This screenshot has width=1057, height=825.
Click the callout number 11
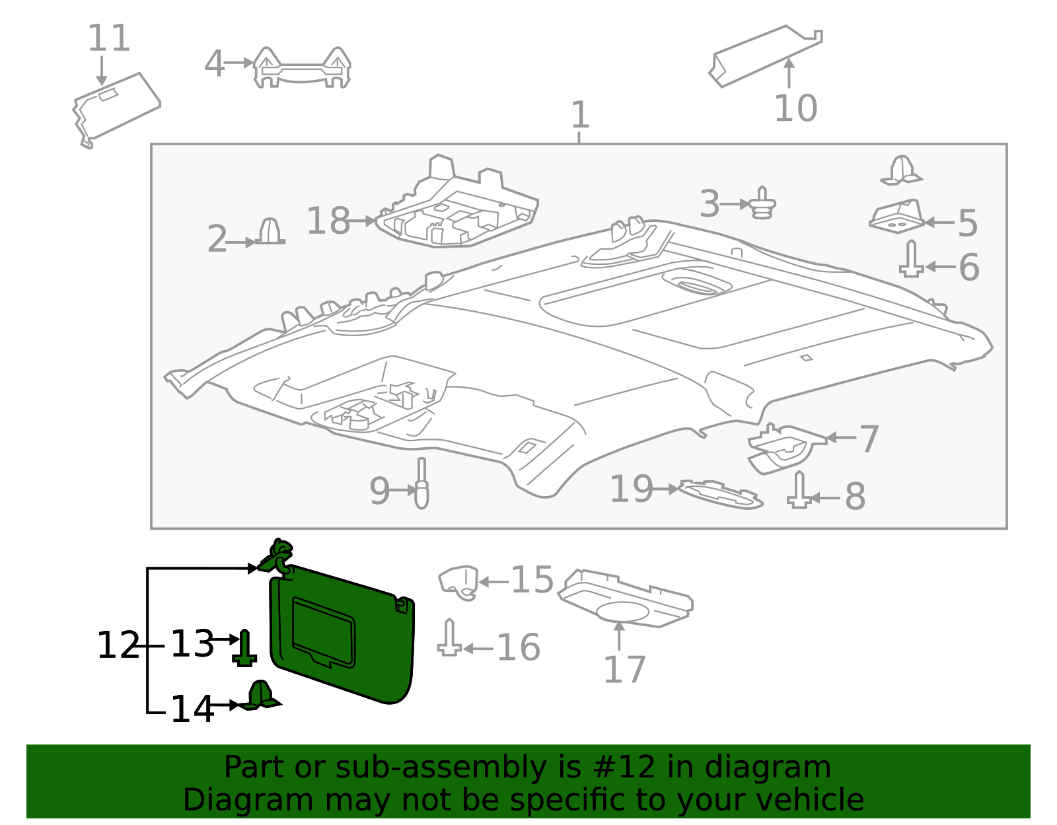point(109,38)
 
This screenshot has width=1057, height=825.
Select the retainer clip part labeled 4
point(302,67)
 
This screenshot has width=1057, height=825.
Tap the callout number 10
point(795,108)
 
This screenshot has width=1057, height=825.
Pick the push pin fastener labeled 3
point(763,203)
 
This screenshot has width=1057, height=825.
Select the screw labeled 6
point(911,260)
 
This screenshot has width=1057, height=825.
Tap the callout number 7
point(869,439)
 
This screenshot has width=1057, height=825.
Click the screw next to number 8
point(799,491)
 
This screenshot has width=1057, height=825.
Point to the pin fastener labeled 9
point(421,484)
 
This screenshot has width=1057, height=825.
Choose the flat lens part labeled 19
point(720,495)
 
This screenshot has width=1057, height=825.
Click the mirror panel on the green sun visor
point(323,632)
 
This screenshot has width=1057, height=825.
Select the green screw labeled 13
point(244,648)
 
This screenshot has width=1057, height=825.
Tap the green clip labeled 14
point(260,696)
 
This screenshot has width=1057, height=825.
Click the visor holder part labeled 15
point(459,582)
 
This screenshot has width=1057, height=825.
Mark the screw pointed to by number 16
point(450,639)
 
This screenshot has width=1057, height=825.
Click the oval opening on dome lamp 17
point(622,612)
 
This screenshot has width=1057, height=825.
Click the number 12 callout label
point(118,645)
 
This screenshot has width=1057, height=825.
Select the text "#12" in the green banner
point(624,768)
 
